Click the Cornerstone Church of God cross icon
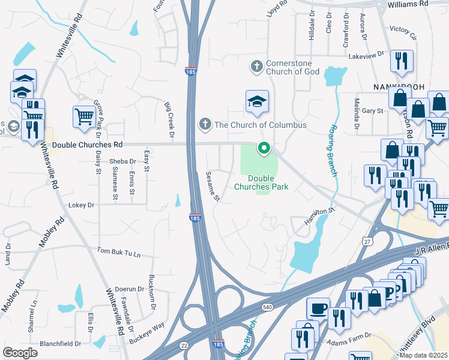(257, 66)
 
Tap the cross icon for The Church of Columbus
(205, 125)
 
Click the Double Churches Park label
(268, 182)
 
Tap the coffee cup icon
(318, 308)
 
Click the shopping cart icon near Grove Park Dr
(84, 116)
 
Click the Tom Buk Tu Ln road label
(118, 253)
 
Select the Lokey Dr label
(82, 205)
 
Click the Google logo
(20, 352)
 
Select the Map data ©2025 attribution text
(423, 356)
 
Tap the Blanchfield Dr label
(60, 344)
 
